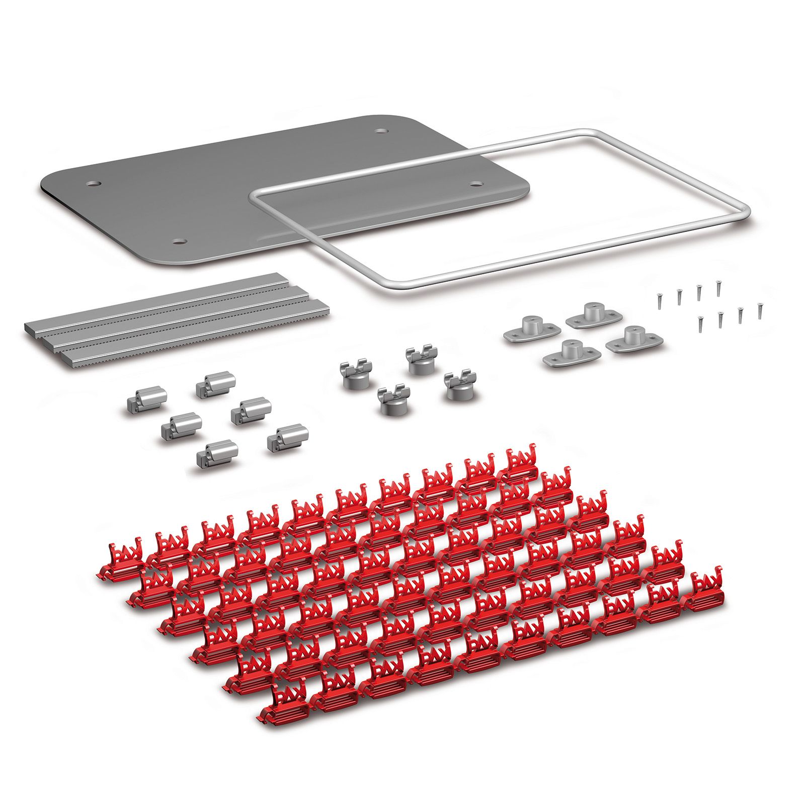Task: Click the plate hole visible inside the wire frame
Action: tap(475, 183)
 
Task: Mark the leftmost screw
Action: tap(658, 300)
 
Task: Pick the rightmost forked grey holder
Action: tap(458, 385)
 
